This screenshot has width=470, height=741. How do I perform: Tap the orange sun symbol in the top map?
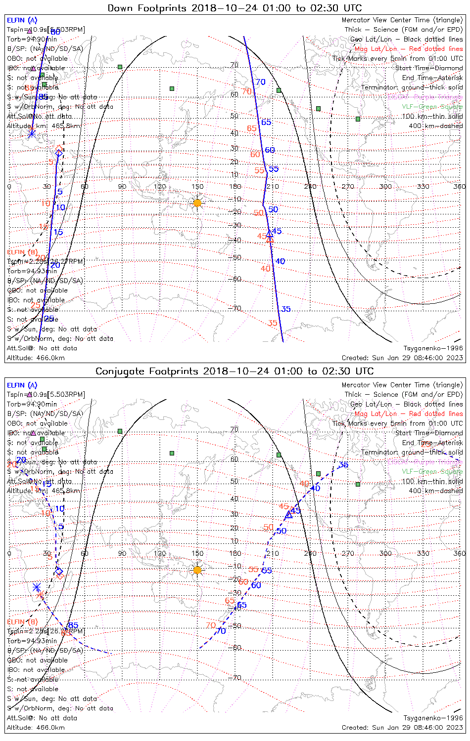(x=197, y=203)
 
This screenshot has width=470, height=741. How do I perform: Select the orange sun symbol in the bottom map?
(x=197, y=570)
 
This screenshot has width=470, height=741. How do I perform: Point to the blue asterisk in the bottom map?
(x=37, y=587)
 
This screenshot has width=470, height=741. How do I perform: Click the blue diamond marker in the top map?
(x=59, y=153)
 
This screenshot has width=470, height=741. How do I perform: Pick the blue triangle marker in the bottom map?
(x=289, y=514)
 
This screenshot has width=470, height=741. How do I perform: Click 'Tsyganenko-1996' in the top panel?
(x=433, y=348)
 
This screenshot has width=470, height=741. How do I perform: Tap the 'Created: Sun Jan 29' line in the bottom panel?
(x=402, y=728)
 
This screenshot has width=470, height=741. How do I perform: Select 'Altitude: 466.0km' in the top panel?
(x=36, y=358)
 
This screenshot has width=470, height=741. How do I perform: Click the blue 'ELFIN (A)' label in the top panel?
(x=22, y=20)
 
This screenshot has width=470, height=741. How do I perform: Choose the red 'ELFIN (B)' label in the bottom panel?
(x=22, y=621)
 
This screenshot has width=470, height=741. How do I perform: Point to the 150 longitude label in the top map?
(x=197, y=186)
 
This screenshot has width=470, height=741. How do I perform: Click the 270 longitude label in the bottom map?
(x=348, y=553)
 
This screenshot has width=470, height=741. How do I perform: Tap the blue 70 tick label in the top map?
(x=260, y=82)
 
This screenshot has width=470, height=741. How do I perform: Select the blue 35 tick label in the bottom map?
(x=343, y=465)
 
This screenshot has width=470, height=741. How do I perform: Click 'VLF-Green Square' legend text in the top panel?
(x=432, y=107)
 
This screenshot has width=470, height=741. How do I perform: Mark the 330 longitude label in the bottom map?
(x=423, y=553)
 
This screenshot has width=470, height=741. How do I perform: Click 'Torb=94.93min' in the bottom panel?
(x=32, y=641)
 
